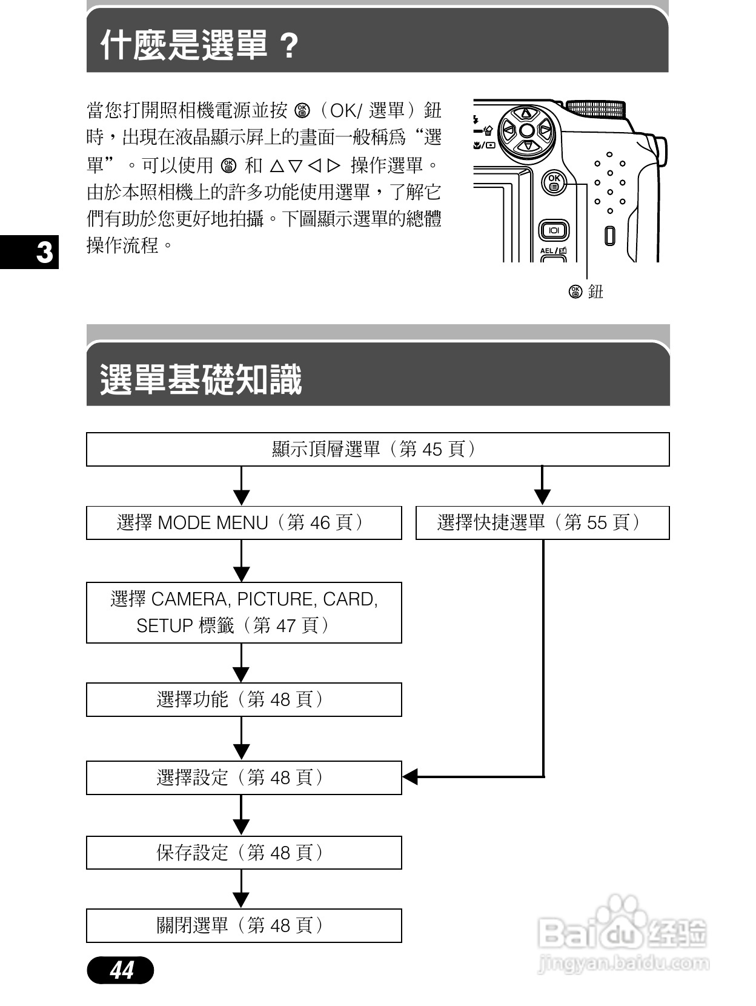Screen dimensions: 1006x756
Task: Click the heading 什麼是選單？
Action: [x=200, y=45]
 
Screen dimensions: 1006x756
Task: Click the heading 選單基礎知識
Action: [x=201, y=380]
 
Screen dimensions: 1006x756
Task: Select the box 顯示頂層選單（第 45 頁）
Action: [x=377, y=449]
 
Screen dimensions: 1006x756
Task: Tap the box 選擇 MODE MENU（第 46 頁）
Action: [x=244, y=522]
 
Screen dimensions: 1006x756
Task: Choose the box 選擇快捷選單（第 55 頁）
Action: [x=542, y=522]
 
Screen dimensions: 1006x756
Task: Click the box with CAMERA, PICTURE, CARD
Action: [x=244, y=612]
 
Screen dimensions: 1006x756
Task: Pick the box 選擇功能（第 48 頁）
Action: [x=244, y=699]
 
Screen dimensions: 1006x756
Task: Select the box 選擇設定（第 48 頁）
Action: [x=244, y=778]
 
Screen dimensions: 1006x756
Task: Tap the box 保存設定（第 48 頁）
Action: [x=244, y=853]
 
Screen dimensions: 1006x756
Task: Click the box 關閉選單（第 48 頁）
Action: [x=244, y=925]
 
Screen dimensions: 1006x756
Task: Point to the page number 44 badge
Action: [x=121, y=970]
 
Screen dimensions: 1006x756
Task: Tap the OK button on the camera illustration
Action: [x=554, y=182]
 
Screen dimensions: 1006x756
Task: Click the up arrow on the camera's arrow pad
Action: [x=526, y=113]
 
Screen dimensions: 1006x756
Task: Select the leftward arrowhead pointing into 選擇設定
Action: [x=410, y=777]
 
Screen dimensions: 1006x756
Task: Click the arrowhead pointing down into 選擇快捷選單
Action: [x=542, y=497]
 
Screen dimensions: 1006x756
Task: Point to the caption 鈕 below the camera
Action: [x=596, y=292]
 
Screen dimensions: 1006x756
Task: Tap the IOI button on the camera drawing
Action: [x=554, y=230]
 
